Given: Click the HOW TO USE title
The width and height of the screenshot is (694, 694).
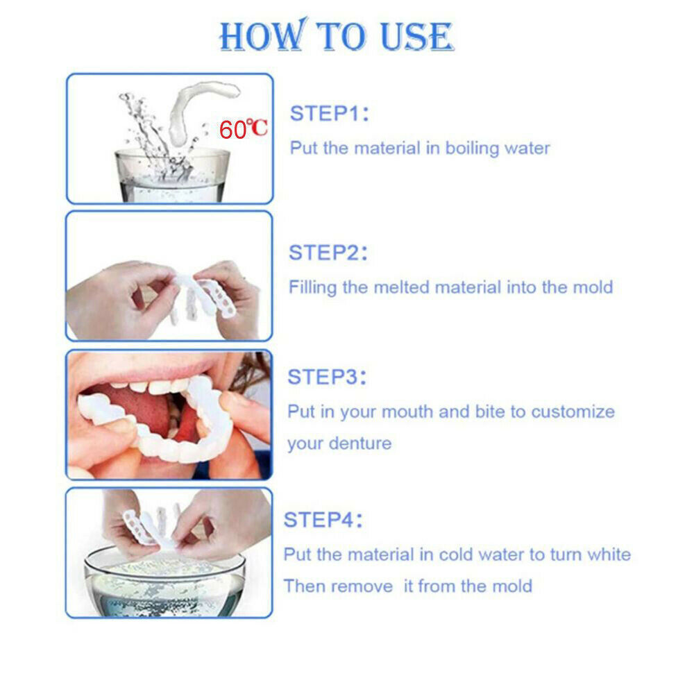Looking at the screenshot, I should tap(337, 36).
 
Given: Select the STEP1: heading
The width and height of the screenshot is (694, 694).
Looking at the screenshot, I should tap(329, 114).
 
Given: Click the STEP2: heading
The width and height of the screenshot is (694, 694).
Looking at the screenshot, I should tap(328, 253).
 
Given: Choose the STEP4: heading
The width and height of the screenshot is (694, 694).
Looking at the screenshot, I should tap(323, 520).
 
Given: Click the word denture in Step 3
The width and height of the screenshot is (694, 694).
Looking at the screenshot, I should tap(359, 443).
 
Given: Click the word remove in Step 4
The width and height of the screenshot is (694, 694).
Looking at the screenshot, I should tap(360, 586).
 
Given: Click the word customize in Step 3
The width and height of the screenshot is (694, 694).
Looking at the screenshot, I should tap(573, 412).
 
